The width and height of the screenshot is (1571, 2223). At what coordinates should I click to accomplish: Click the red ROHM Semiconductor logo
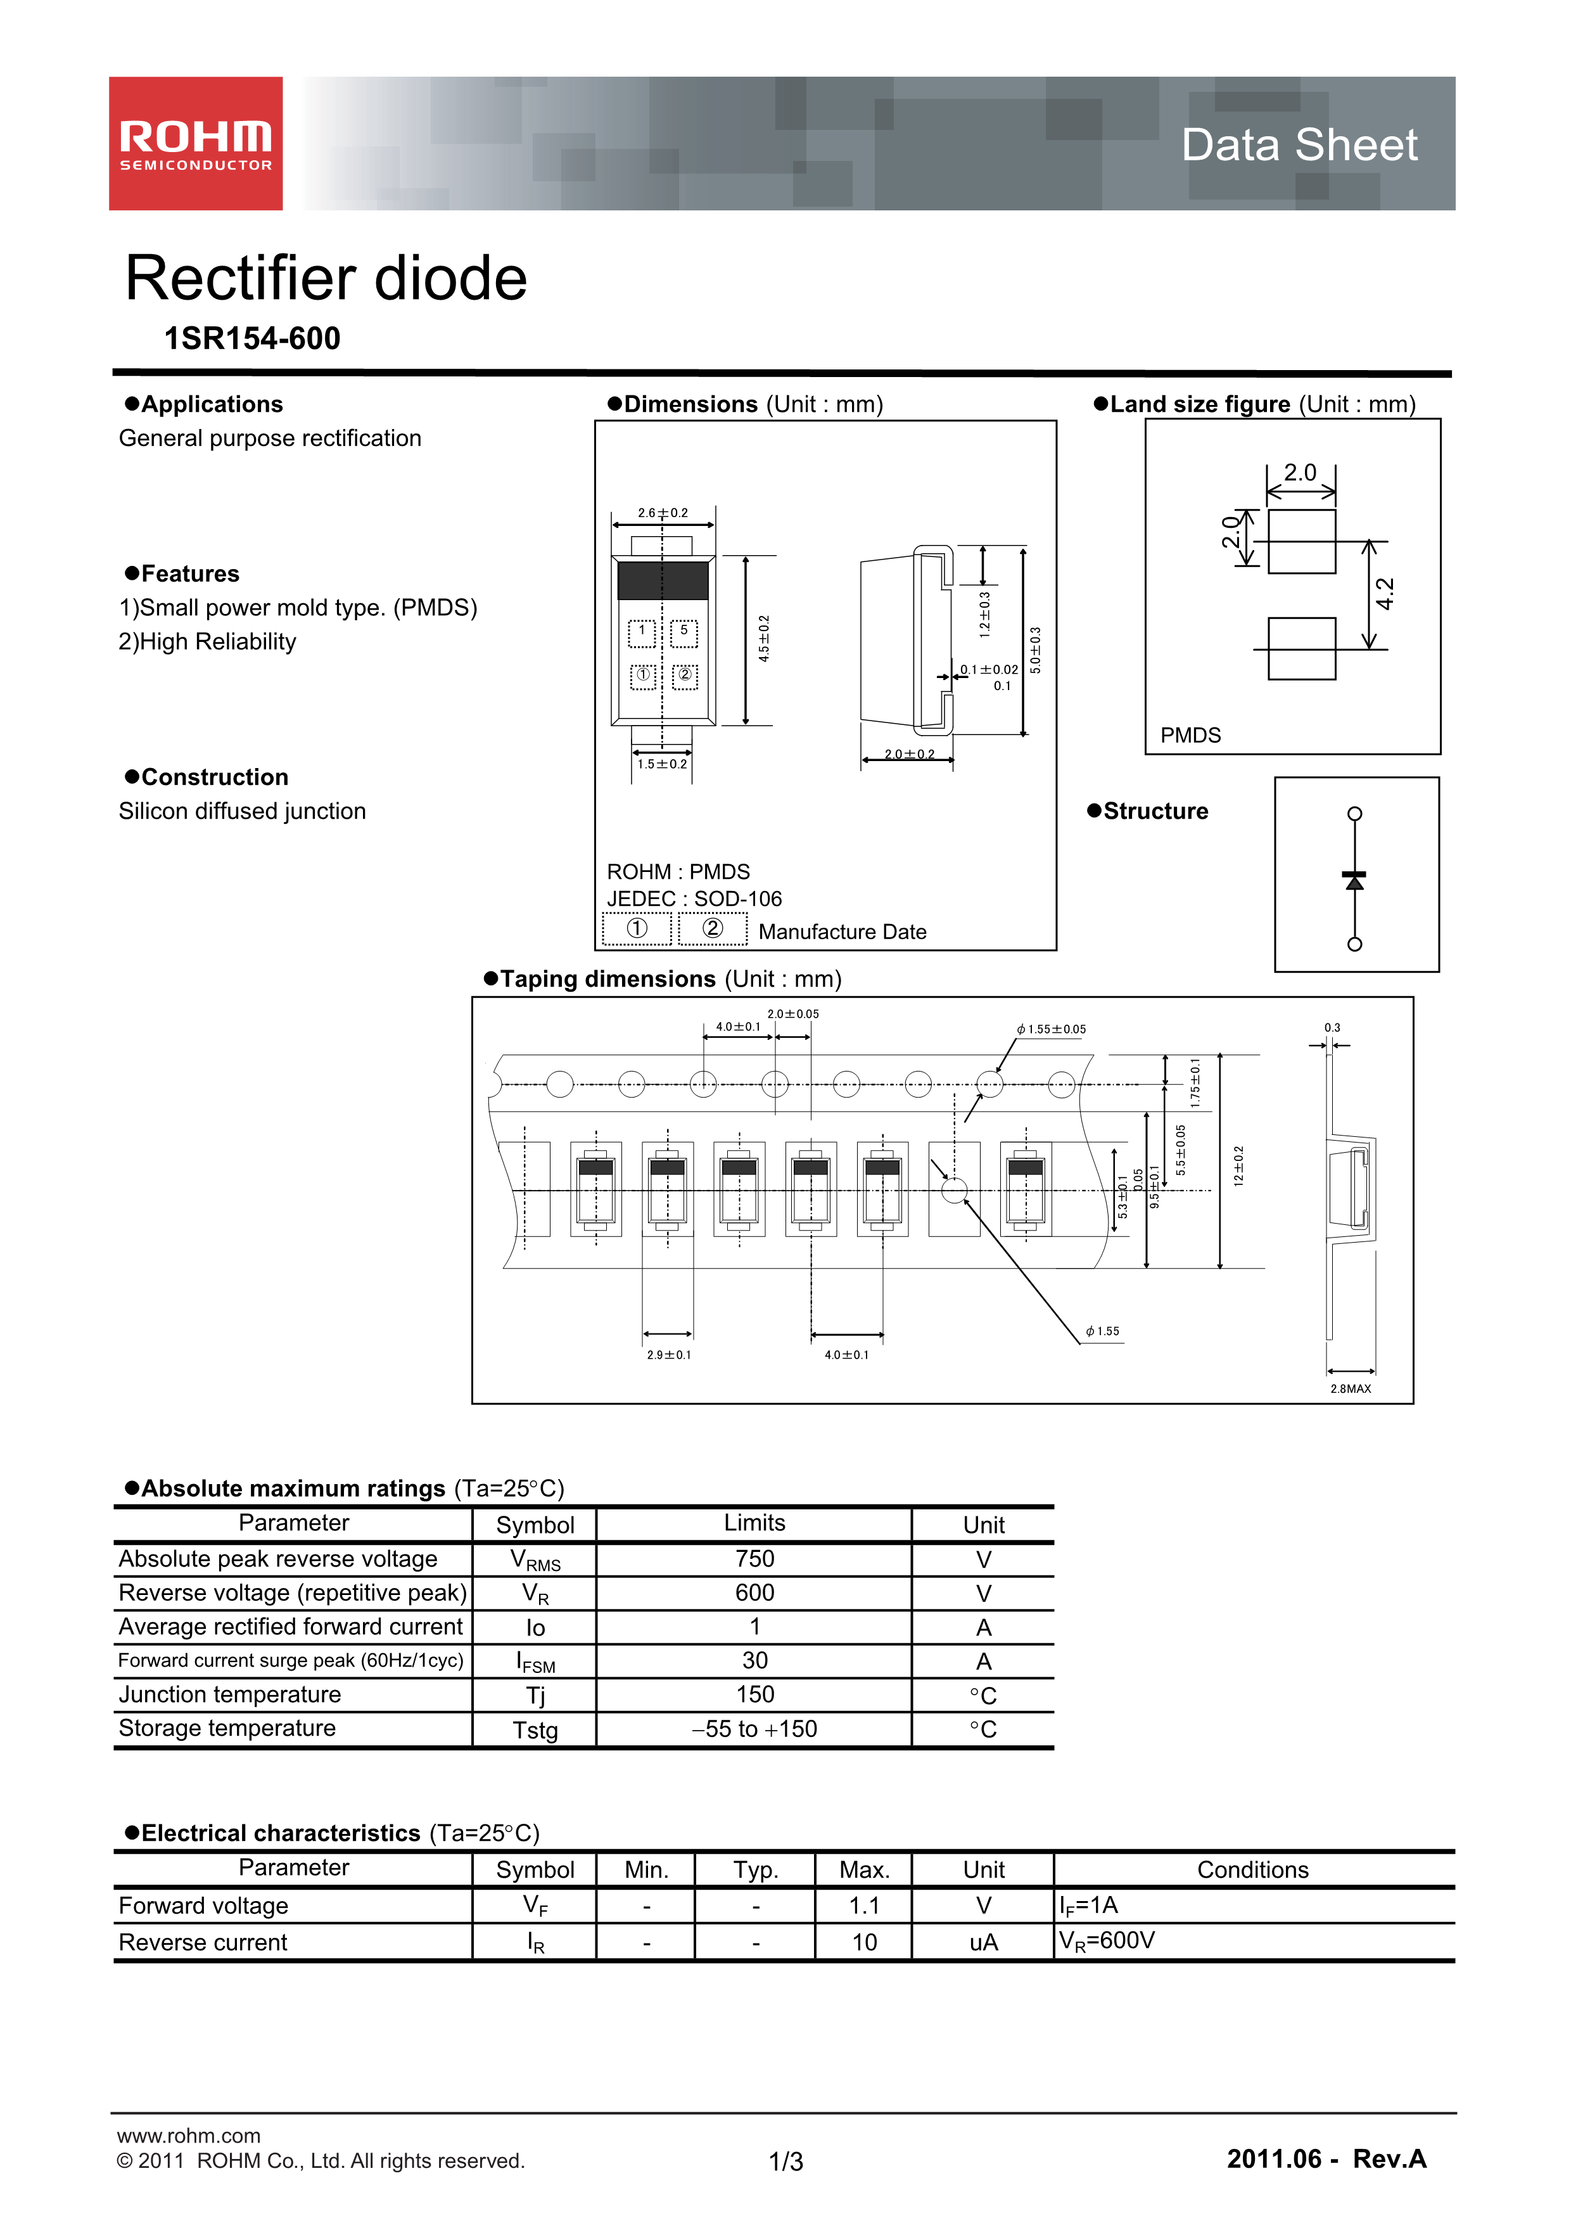[196, 143]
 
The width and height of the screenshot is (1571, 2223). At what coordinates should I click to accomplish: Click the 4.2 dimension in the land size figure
[1385, 594]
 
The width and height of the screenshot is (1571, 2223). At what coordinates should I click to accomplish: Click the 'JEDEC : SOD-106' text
[694, 899]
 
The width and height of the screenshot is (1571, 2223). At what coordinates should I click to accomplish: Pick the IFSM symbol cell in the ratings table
[535, 1662]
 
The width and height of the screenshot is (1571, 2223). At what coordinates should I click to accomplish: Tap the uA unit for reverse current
[983, 1942]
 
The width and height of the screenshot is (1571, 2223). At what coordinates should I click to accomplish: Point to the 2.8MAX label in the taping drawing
[1351, 1388]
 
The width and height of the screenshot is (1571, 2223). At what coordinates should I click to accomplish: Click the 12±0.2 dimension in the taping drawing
[1239, 1166]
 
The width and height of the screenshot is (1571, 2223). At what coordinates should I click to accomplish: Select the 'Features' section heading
[189, 573]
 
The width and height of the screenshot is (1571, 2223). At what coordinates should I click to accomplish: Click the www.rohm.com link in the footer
[189, 2135]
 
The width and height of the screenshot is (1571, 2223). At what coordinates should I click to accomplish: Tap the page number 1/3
[785, 2161]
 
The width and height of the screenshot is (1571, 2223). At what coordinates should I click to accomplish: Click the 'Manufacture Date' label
[842, 932]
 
